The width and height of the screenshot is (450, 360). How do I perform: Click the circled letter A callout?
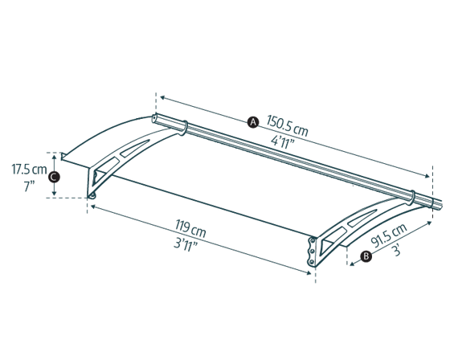pyautogui.click(x=253, y=122)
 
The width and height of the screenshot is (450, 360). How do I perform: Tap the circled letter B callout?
pyautogui.click(x=366, y=256)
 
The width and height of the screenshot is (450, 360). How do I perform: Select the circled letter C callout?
pyautogui.click(x=54, y=177)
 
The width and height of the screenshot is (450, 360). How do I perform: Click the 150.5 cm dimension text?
pyautogui.click(x=288, y=126)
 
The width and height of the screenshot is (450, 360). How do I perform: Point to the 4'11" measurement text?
pyautogui.click(x=283, y=142)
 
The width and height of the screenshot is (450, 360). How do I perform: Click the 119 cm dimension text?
pyautogui.click(x=191, y=229)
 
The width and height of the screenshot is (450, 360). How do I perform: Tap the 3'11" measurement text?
pyautogui.click(x=186, y=245)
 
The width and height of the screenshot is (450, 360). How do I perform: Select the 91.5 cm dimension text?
pyautogui.click(x=389, y=235)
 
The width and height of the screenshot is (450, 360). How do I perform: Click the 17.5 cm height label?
pyautogui.click(x=29, y=170)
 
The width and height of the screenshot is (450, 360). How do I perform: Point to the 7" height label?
pyautogui.click(x=29, y=186)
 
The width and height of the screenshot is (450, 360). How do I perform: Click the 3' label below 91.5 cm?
pyautogui.click(x=397, y=251)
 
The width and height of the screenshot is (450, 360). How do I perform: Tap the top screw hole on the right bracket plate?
pyautogui.click(x=312, y=240)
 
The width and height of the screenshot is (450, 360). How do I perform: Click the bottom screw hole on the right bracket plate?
pyautogui.click(x=311, y=261)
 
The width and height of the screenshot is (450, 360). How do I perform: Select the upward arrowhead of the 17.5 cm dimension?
pyautogui.click(x=55, y=157)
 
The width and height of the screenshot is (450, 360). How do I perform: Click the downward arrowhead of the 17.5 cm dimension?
pyautogui.click(x=55, y=194)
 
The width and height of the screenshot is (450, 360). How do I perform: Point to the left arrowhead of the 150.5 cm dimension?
pyautogui.click(x=162, y=98)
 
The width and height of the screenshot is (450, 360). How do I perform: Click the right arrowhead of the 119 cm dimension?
pyautogui.click(x=309, y=272)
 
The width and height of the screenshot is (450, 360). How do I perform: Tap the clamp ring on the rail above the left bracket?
pyautogui.click(x=184, y=128)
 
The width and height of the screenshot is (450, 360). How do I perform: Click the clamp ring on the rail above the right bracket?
pyautogui.click(x=411, y=198)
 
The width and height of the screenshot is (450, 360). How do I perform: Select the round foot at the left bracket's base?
pyautogui.click(x=92, y=196)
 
